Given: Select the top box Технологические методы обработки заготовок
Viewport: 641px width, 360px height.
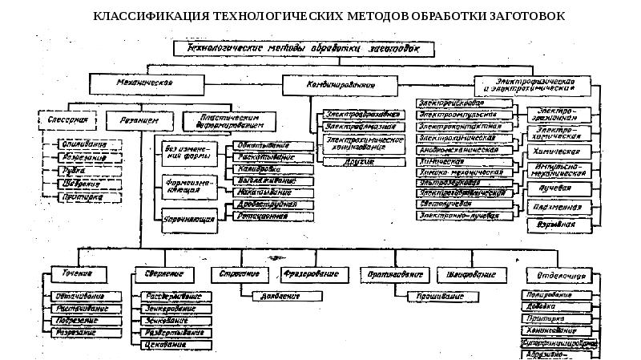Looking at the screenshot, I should pyautogui.click(x=308, y=49).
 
